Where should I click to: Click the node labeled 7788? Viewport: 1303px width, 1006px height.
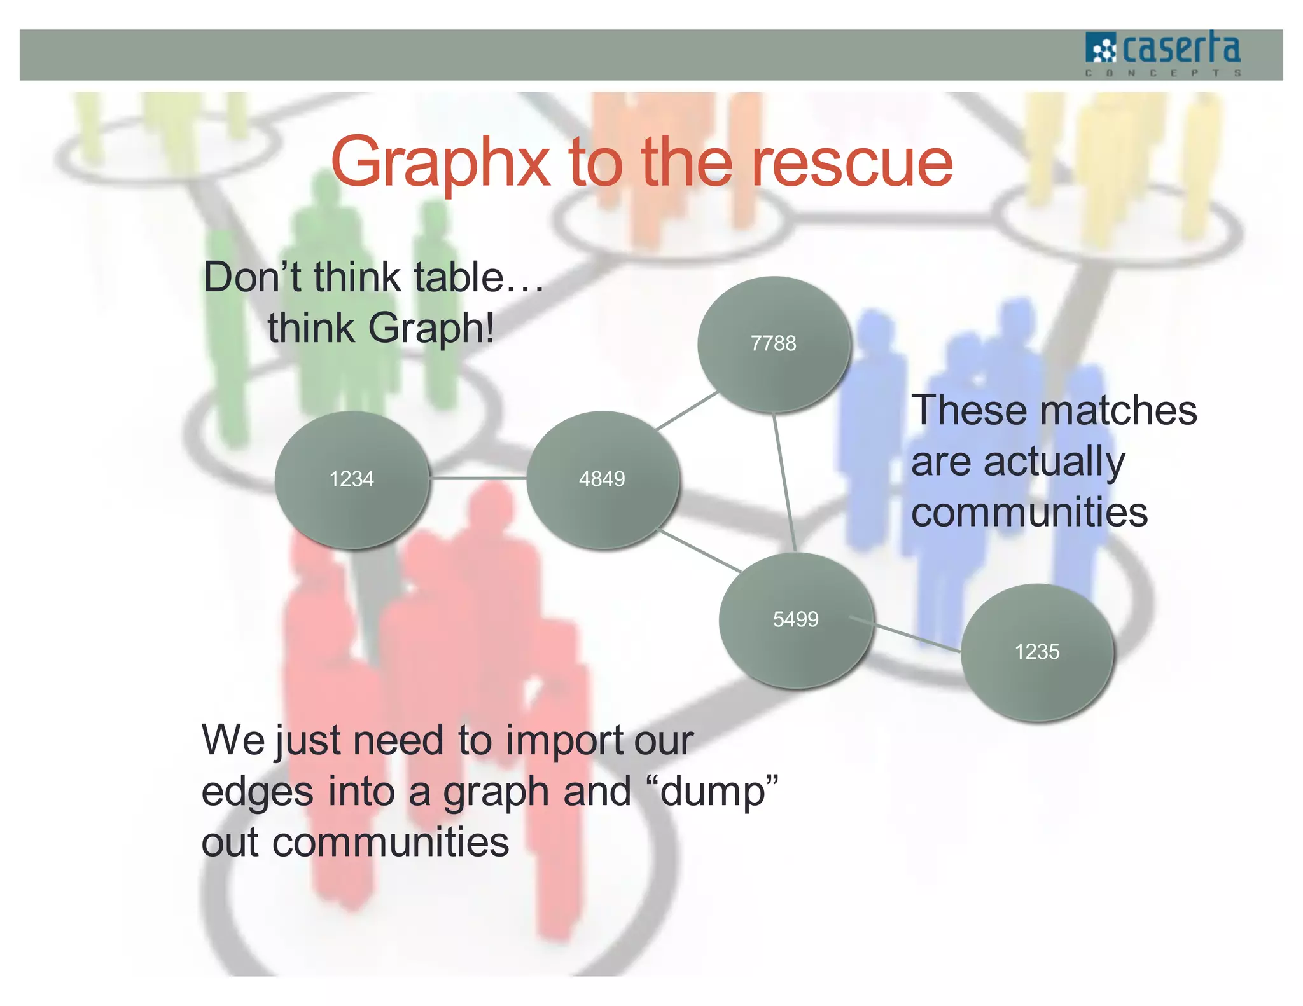(774, 344)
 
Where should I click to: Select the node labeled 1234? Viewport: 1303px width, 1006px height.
(352, 479)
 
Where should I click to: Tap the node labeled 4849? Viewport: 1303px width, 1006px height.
(603, 479)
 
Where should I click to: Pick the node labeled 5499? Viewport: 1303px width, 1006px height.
(795, 619)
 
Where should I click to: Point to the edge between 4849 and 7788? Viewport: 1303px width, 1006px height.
(687, 411)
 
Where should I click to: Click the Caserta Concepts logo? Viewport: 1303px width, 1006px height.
(1163, 53)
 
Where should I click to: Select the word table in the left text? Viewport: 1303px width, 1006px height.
(458, 278)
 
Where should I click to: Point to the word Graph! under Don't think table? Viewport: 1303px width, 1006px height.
(431, 329)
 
